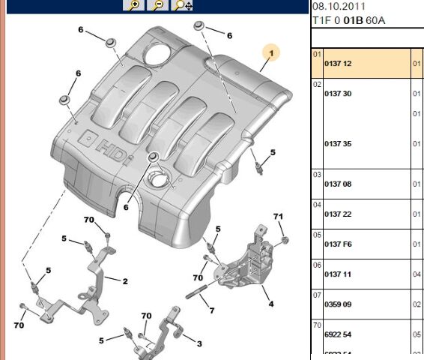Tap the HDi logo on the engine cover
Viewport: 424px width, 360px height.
coord(113,142)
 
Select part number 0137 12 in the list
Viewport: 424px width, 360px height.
coord(338,64)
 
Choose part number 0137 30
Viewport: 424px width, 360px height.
coord(338,93)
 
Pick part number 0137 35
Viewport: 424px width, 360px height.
coord(338,143)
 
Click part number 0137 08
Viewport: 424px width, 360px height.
coord(338,184)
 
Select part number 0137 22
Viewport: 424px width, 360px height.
coord(338,214)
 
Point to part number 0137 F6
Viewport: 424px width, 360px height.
coord(338,244)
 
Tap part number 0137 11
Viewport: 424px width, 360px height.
coord(338,274)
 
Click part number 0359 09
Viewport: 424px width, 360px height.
coord(338,305)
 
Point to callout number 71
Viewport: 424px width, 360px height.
coord(278,217)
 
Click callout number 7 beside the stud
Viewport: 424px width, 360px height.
coord(212,310)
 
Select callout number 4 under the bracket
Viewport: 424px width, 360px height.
coord(270,304)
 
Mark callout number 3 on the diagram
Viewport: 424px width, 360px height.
coord(199,343)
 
